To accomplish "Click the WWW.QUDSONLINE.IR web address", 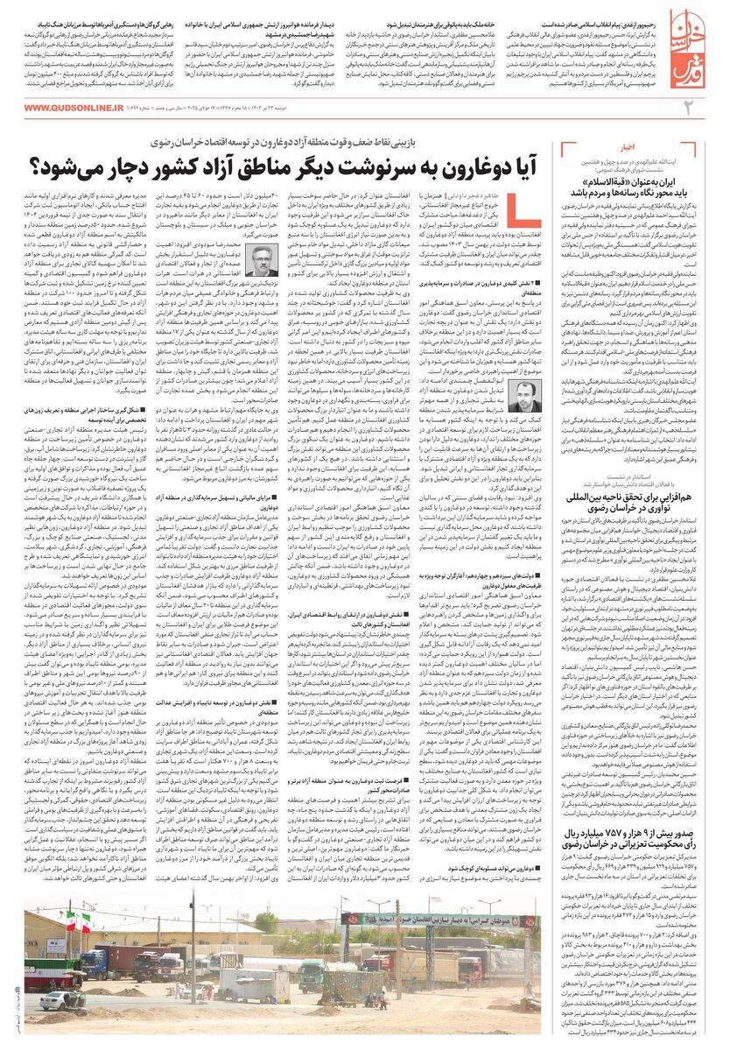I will click(74, 106).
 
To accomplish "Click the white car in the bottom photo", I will click(64, 998).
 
